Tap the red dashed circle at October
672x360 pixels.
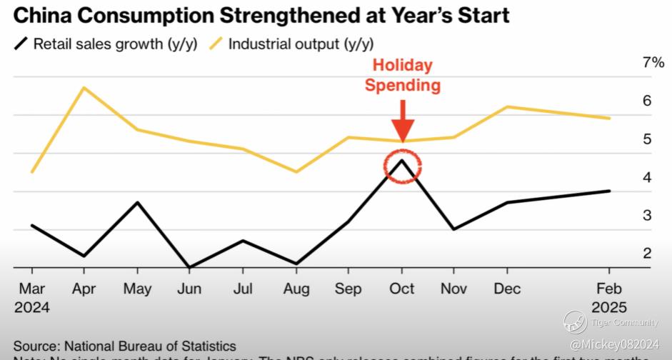(403, 166)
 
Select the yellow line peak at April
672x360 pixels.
(84, 88)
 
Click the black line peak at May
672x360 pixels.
(137, 203)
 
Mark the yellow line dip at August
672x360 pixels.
(296, 171)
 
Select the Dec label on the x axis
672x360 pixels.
(507, 289)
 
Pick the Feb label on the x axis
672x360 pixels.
(608, 289)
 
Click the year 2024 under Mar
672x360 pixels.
(31, 308)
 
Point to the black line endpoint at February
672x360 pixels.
(609, 191)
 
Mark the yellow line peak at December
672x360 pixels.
(507, 107)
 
